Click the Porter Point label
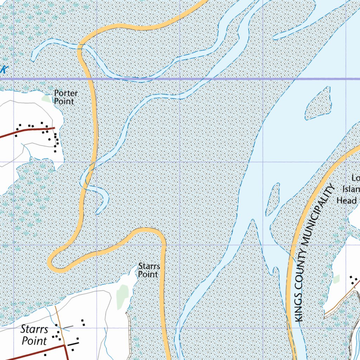coord(65,97)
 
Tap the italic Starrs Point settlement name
coord(34,335)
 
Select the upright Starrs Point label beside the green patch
coord(149,270)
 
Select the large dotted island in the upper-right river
coord(318,103)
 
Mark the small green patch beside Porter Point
coord(46,98)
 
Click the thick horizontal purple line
coord(211,79)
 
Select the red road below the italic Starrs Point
coord(35,353)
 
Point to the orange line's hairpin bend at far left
coord(51,262)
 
